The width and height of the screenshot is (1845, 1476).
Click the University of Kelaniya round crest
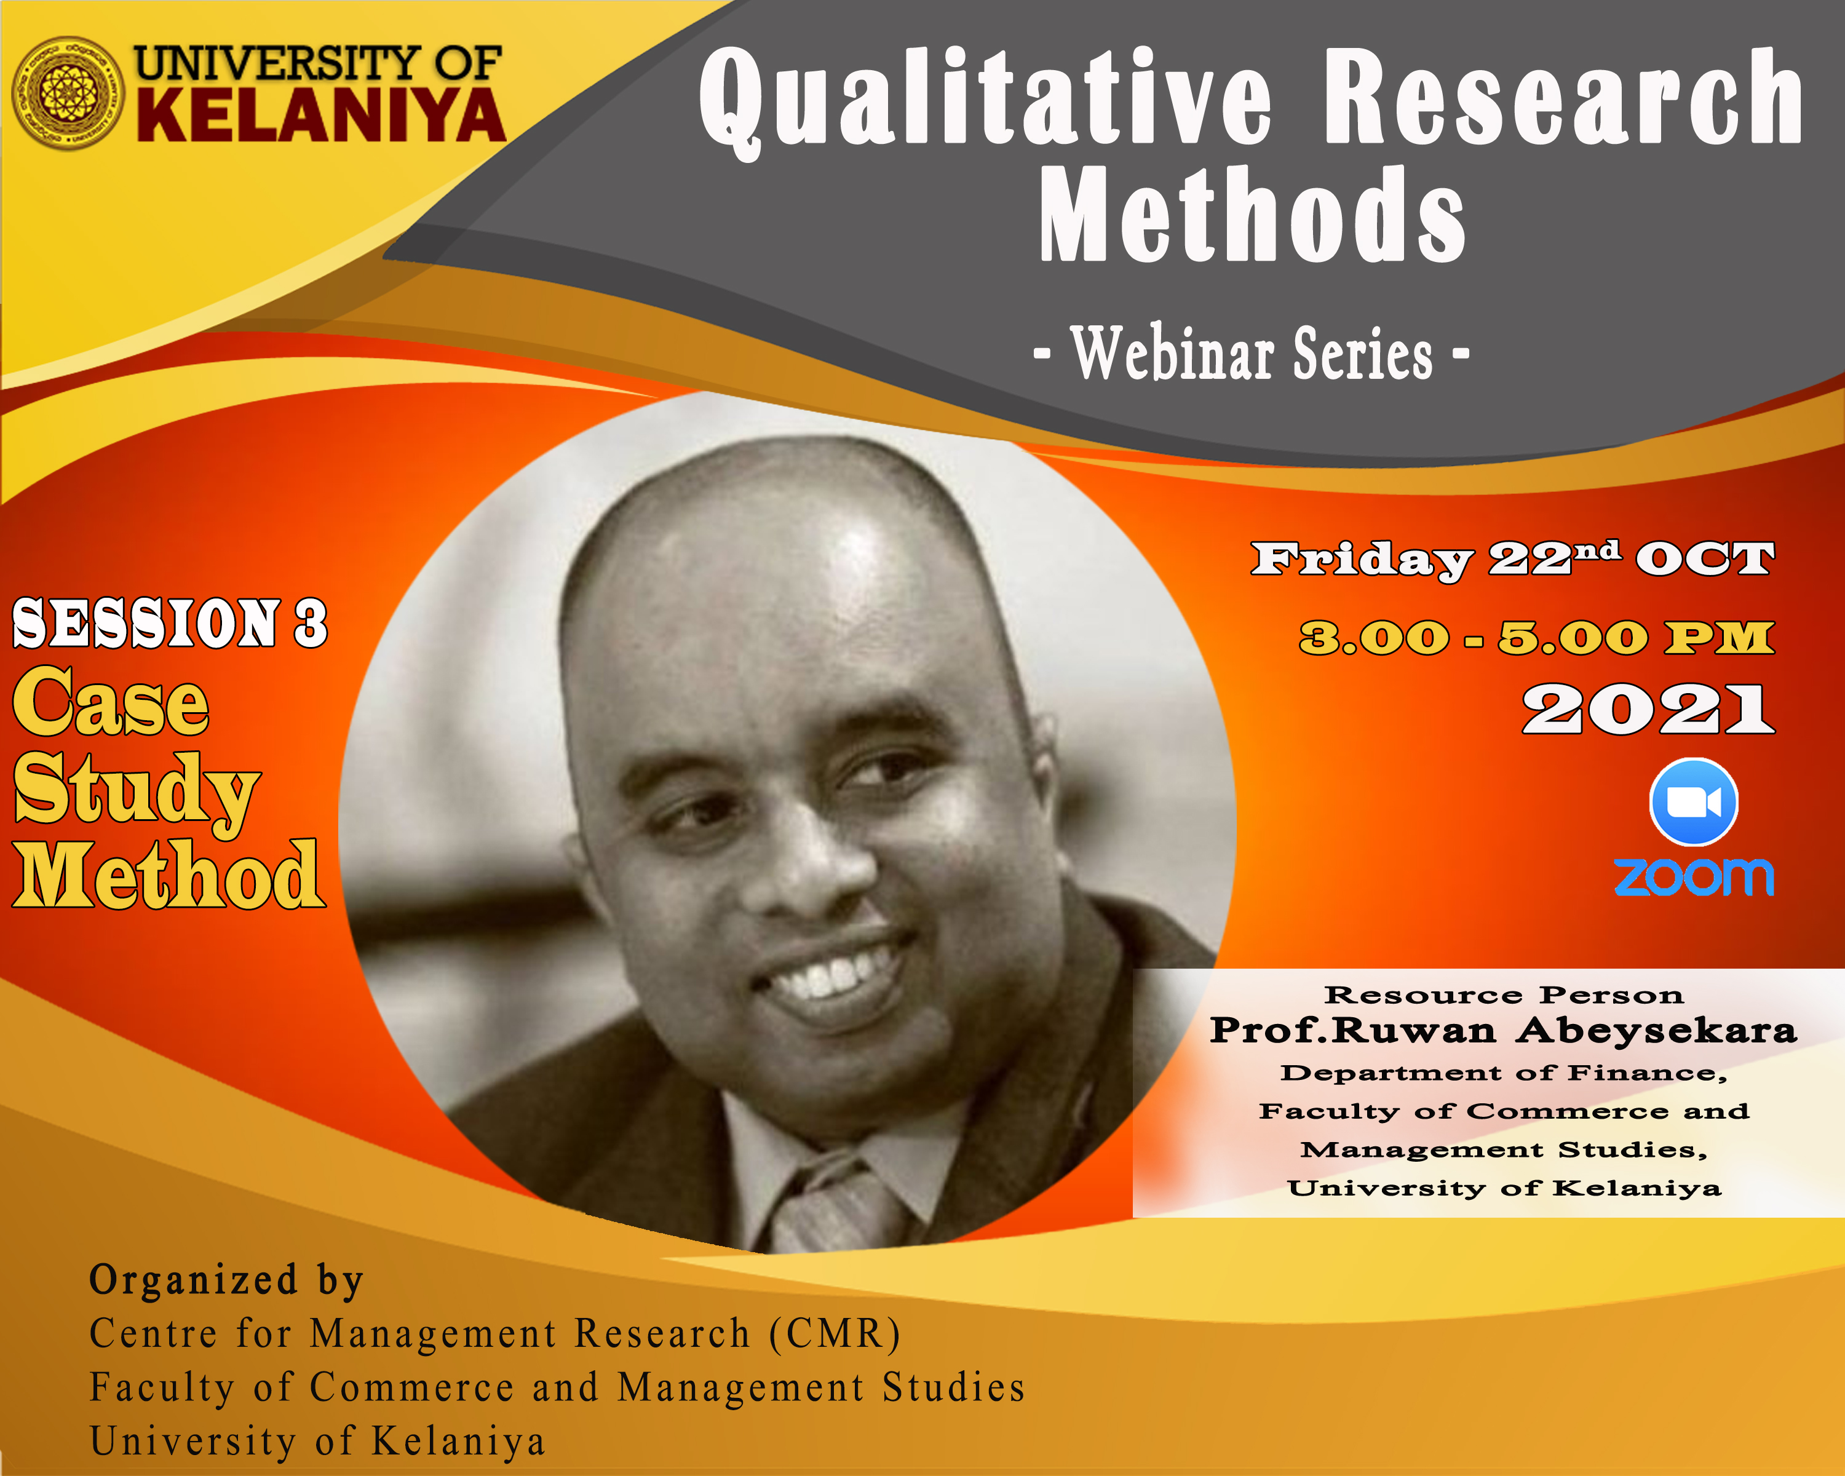pyautogui.click(x=68, y=93)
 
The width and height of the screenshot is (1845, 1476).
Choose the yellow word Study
pyautogui.click(x=135, y=792)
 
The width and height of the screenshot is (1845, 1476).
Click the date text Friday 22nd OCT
pyautogui.click(x=1512, y=560)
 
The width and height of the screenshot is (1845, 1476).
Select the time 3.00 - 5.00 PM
pyautogui.click(x=1537, y=638)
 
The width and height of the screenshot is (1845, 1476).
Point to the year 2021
pyautogui.click(x=1648, y=709)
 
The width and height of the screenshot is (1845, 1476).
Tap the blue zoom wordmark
pyautogui.click(x=1694, y=877)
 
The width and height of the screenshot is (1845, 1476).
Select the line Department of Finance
pyautogui.click(x=1504, y=1073)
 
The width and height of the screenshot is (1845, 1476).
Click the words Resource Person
pyautogui.click(x=1504, y=995)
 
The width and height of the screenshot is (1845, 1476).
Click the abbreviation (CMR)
pyautogui.click(x=835, y=1333)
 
